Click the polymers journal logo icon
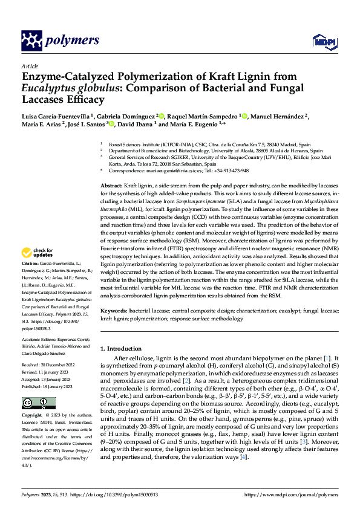click(30, 41)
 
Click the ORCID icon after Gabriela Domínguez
click(162, 114)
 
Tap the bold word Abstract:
click(111, 183)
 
